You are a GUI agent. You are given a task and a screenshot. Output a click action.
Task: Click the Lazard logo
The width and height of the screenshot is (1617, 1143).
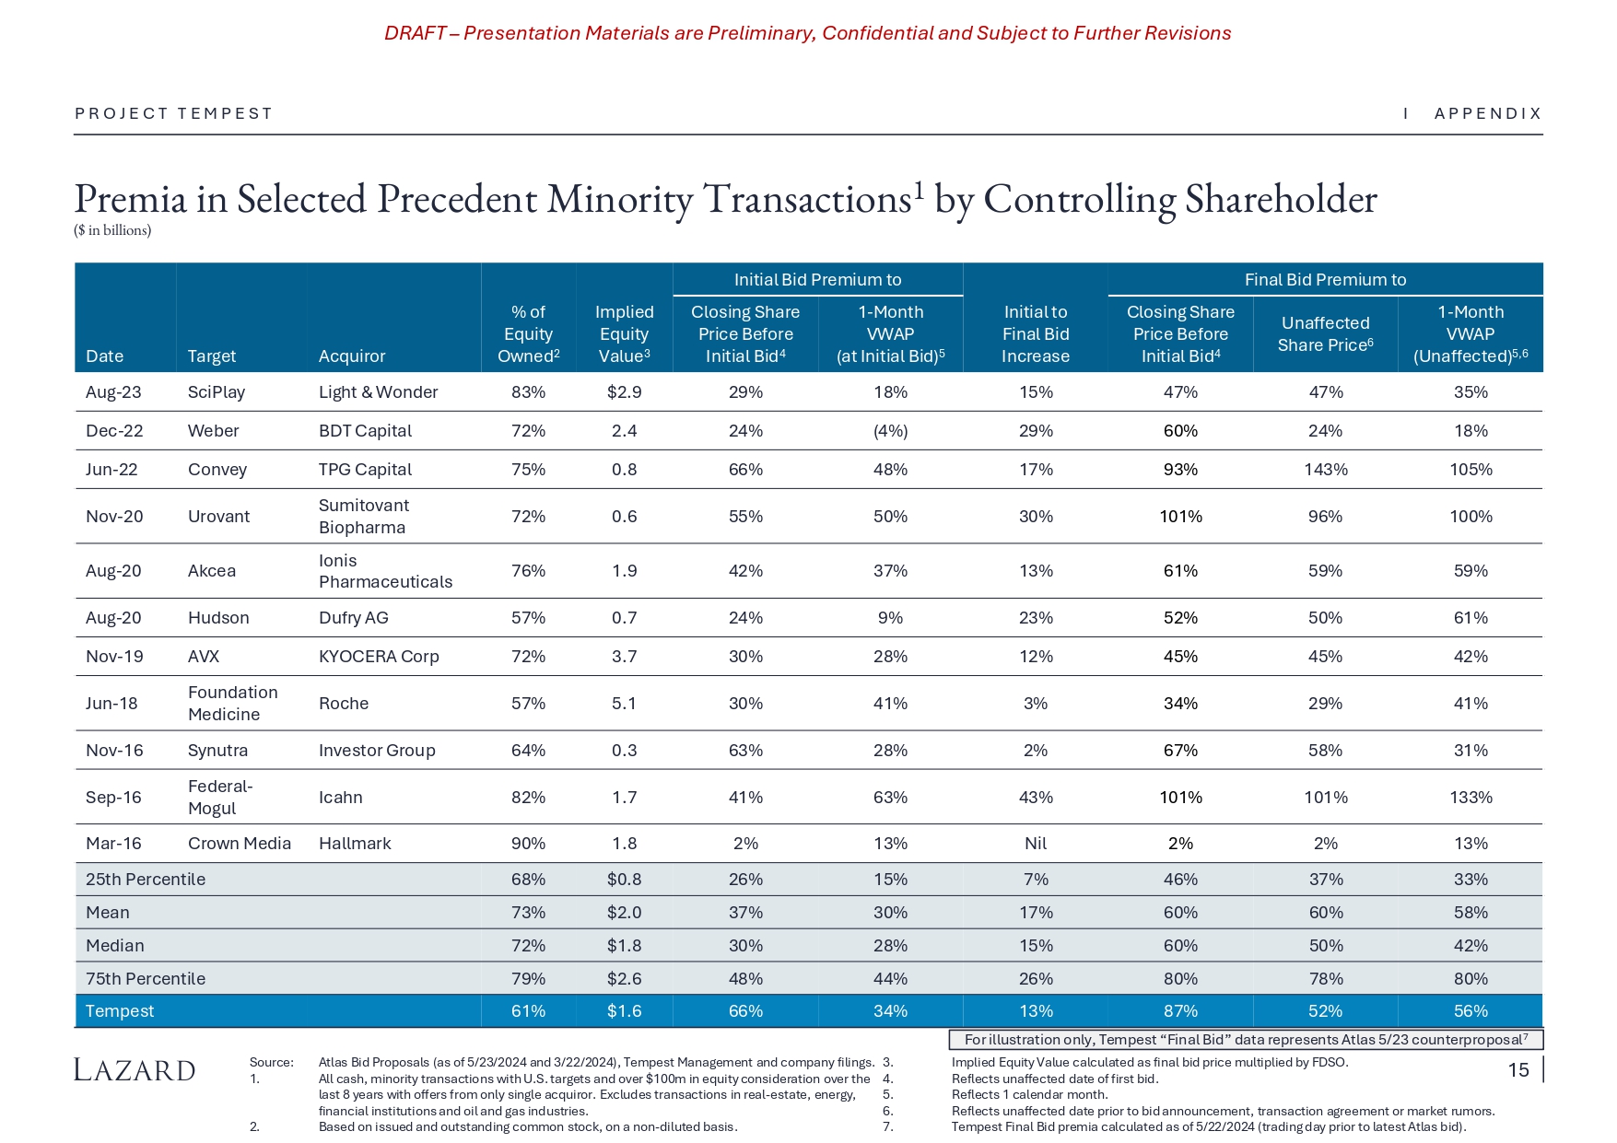135,1070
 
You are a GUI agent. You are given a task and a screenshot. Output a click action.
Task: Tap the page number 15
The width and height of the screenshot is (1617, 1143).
1518,1070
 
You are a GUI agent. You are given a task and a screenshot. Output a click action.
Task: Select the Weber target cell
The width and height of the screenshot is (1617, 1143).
213,431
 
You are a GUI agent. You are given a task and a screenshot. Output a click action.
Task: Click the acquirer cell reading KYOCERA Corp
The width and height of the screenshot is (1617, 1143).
379,657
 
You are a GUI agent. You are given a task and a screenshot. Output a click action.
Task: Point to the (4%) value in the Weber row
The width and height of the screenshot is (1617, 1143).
890,431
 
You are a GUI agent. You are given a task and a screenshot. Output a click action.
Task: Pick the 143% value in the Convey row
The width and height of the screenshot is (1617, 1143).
1325,470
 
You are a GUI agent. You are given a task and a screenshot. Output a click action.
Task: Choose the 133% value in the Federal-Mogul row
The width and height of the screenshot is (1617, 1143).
1471,798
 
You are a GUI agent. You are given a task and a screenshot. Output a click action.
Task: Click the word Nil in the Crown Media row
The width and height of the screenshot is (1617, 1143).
1036,844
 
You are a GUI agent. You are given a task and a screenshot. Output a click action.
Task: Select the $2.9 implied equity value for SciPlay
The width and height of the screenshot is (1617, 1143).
624,392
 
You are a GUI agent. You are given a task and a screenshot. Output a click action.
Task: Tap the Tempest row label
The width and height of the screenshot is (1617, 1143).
120,1011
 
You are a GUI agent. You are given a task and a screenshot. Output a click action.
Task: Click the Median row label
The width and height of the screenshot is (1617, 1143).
115,946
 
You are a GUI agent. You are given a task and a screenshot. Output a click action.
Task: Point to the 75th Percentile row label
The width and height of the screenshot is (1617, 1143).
146,979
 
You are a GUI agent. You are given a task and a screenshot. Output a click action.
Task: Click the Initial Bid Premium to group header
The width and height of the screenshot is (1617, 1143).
817,280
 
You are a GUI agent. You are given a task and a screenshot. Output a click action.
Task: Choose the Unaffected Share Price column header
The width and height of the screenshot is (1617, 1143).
1325,334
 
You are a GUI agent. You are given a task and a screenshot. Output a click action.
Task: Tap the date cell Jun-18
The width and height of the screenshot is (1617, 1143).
111,704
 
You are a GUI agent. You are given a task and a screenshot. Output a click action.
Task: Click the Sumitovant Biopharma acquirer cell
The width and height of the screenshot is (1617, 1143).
364,517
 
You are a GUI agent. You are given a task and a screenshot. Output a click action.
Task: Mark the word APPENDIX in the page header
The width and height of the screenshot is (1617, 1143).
1488,113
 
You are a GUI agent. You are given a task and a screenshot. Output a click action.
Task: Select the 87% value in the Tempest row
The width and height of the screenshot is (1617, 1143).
1180,1011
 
